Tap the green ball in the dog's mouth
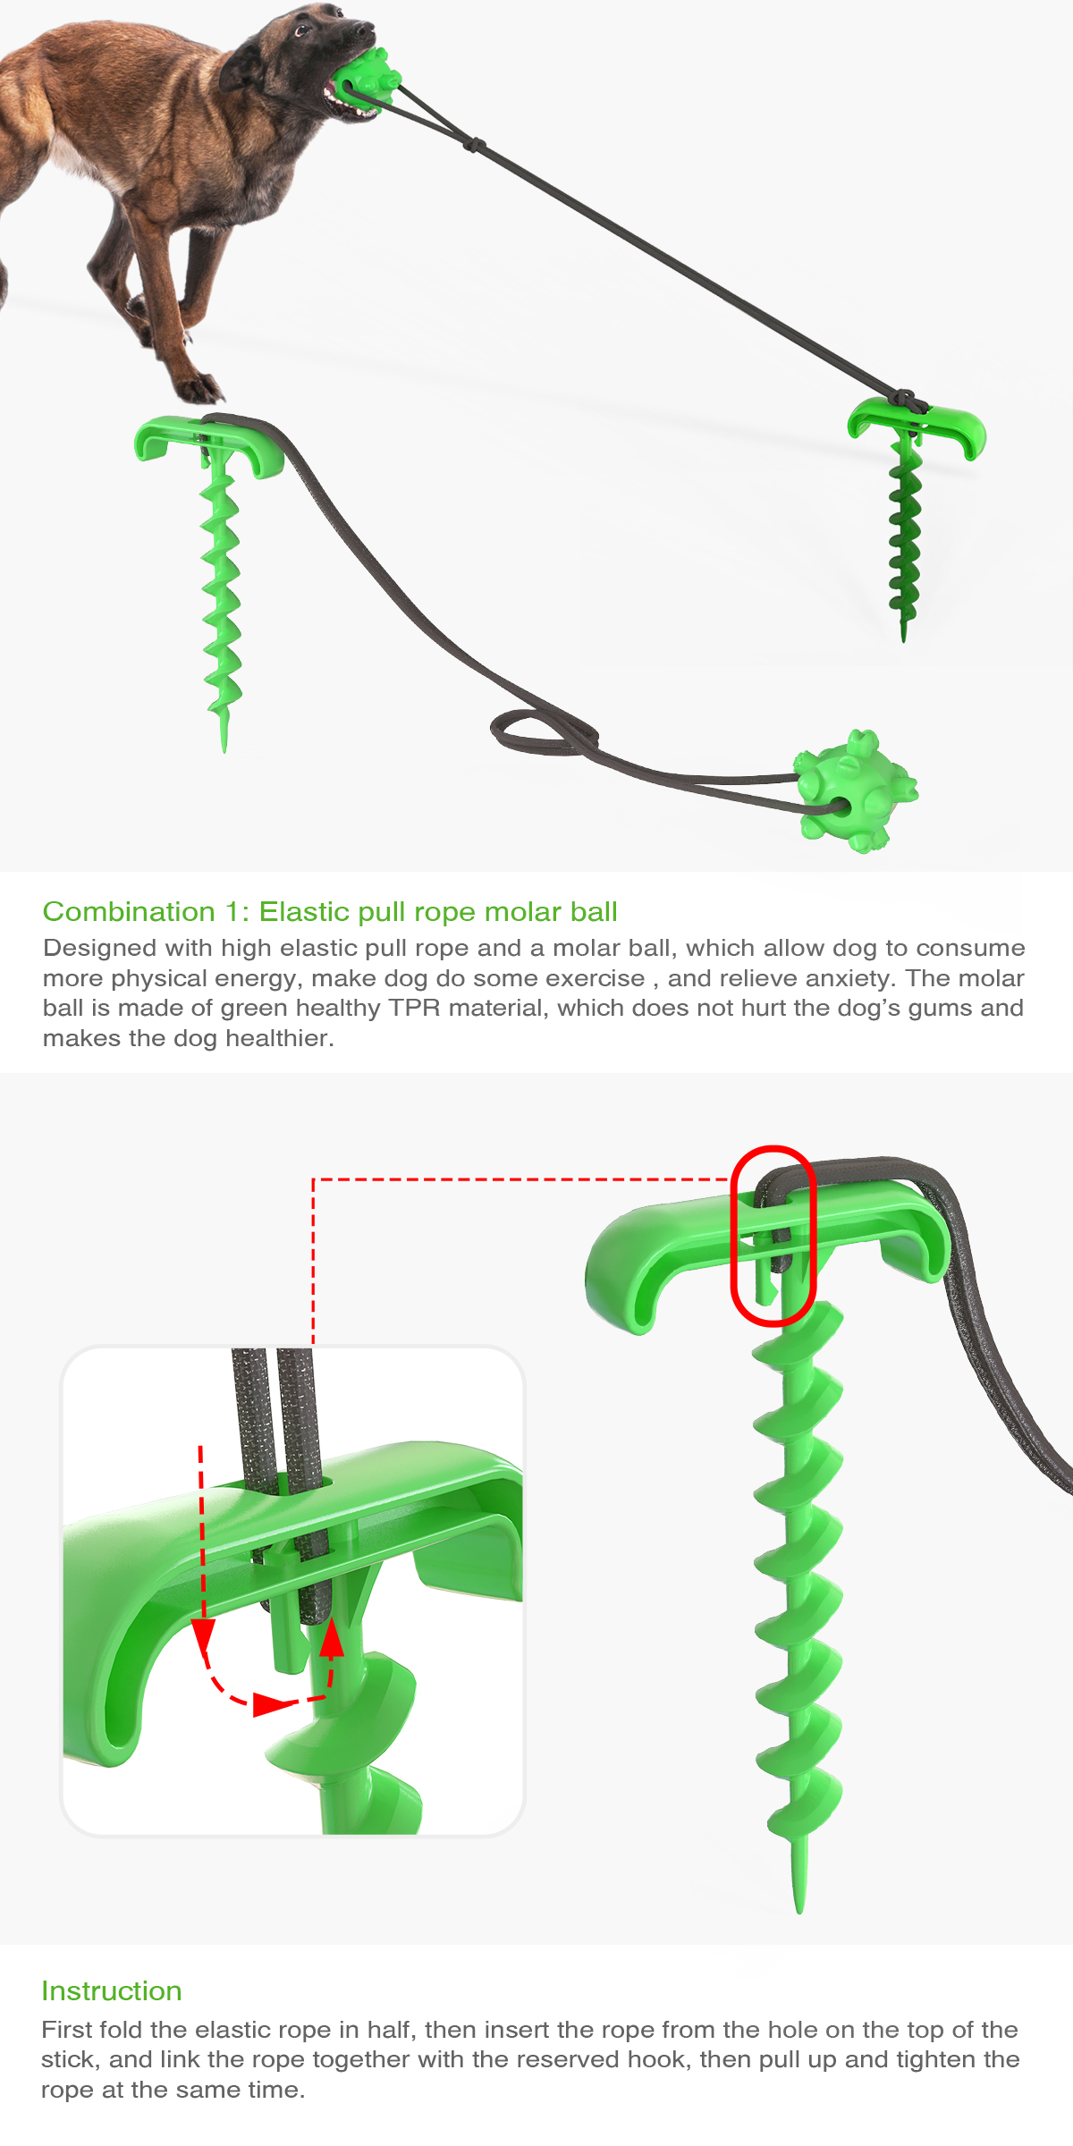coord(368,79)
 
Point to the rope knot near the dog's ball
coord(474,145)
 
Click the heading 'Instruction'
coord(112,1990)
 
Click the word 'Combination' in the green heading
coord(129,911)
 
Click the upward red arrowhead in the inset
coord(332,1638)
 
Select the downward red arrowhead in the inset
coord(203,1635)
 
